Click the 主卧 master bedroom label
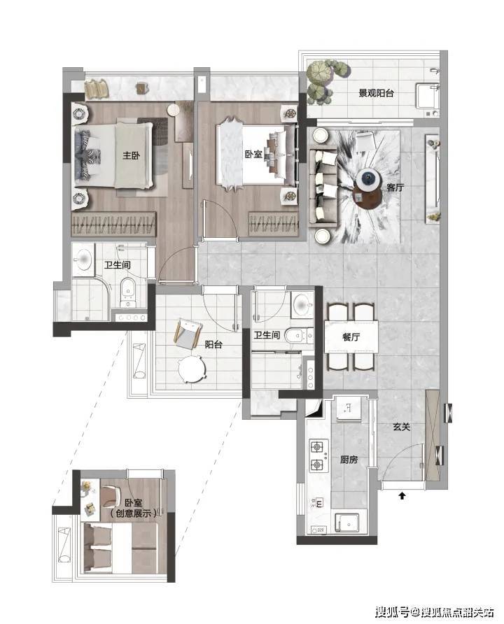coord(131,155)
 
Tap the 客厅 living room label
coord(395,187)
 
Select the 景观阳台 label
coord(376,94)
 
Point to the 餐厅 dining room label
coord(351,337)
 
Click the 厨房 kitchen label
coord(349,460)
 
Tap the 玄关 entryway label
coord(401,427)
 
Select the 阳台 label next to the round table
coord(213,344)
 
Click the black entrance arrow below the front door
coord(402,496)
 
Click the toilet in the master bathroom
coord(128,292)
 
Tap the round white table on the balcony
coord(192,369)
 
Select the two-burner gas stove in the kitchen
coord(319,455)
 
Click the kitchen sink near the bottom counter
coord(346,524)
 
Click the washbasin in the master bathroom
coord(83,260)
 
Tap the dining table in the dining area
coord(351,336)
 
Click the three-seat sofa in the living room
coord(323,187)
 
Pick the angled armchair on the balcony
coord(188,334)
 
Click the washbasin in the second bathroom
coord(302,305)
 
